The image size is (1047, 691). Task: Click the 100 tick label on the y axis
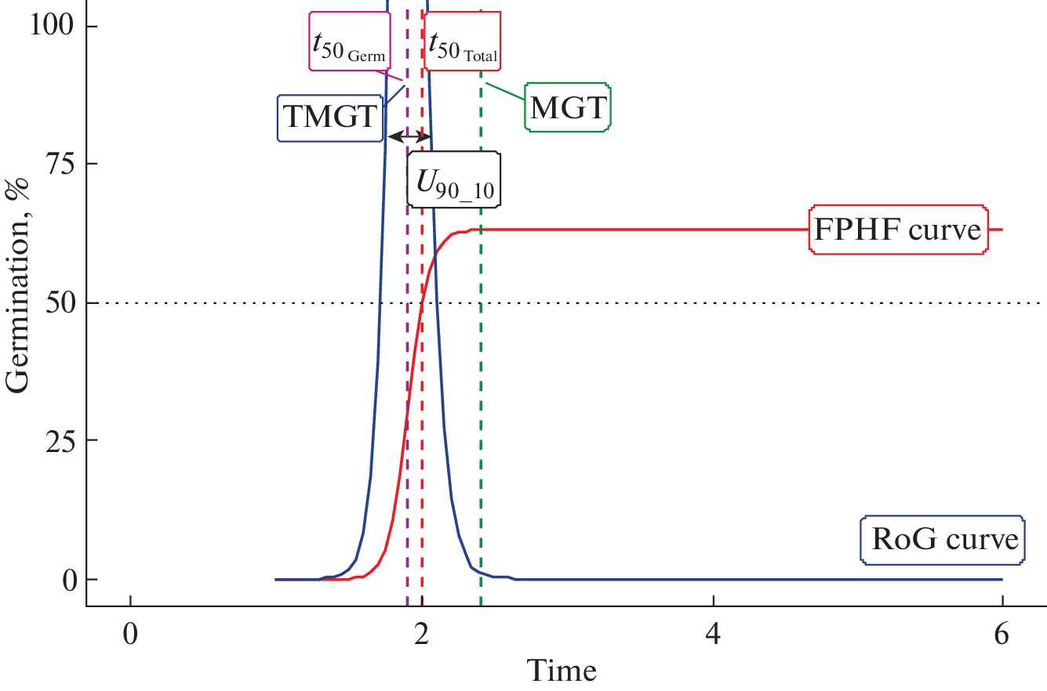(53, 26)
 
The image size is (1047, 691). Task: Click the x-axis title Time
(561, 671)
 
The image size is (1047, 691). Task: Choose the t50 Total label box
(464, 41)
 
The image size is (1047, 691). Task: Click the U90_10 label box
(454, 179)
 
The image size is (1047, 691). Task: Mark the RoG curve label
(943, 540)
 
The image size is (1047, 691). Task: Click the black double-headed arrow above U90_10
(410, 136)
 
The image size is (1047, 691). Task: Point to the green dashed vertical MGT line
(481, 392)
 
